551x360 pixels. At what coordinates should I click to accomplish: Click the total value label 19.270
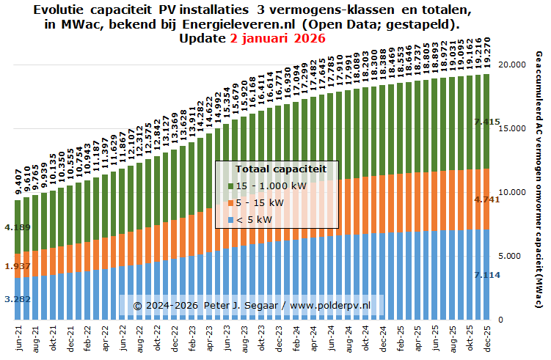pos(484,47)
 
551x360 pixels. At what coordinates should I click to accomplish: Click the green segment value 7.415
pos(487,122)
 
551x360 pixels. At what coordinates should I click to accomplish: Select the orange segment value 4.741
pos(487,199)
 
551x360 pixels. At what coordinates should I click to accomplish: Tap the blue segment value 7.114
pos(487,274)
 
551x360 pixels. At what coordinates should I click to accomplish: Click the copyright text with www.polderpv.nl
pos(251,304)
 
